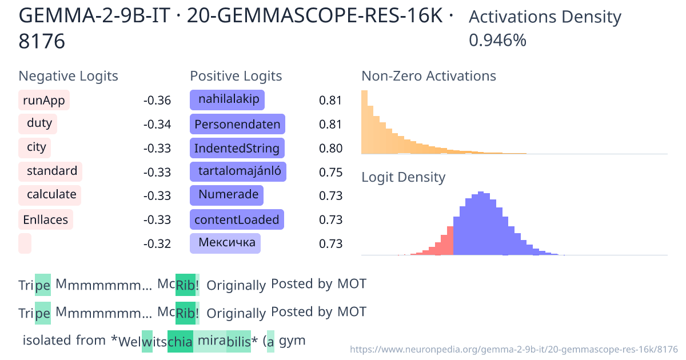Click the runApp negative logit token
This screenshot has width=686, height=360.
(44, 101)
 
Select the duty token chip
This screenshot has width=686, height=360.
(39, 123)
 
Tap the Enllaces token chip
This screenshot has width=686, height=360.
(45, 219)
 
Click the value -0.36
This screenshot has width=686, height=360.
(157, 101)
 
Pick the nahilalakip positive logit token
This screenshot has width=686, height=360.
(228, 100)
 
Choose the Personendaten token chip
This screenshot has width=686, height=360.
(237, 124)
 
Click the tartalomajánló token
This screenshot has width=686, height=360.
(238, 171)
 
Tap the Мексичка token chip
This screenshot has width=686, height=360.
(226, 243)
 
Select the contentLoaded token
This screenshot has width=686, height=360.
(237, 219)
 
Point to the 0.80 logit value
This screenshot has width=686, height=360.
(330, 149)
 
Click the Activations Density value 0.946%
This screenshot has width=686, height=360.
(497, 41)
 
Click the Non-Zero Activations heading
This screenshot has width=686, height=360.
(428, 76)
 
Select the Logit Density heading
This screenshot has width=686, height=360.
(403, 177)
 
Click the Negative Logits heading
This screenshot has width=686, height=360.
(68, 76)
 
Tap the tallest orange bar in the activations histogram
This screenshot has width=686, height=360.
(364, 122)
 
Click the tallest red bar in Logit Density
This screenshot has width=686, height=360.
(450, 240)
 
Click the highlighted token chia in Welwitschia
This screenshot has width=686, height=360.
(180, 342)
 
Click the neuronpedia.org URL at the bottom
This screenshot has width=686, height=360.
(513, 349)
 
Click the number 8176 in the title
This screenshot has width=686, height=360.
(42, 41)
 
